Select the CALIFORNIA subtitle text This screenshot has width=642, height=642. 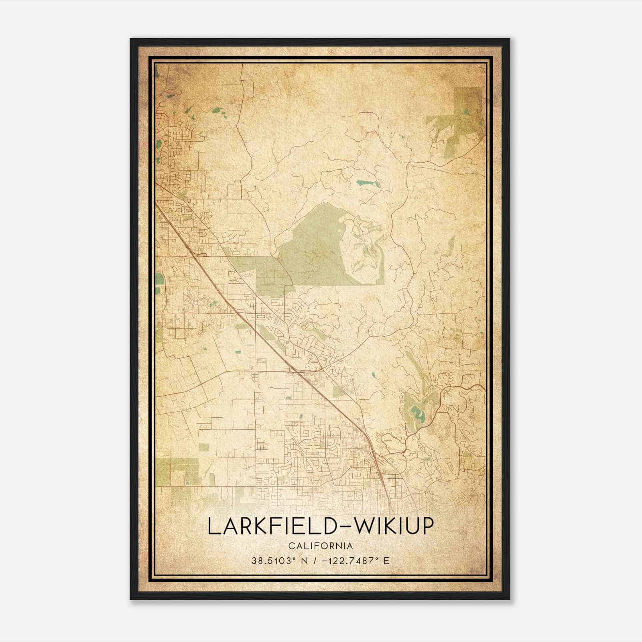point(320,546)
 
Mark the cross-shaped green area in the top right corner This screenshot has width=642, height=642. point(461,116)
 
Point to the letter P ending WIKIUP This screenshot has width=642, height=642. point(427,527)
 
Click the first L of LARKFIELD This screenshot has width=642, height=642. point(213,527)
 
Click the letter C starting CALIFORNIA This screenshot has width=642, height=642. point(291,546)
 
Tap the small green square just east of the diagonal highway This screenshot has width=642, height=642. point(338,392)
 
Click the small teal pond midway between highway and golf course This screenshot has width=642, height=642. point(374,376)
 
